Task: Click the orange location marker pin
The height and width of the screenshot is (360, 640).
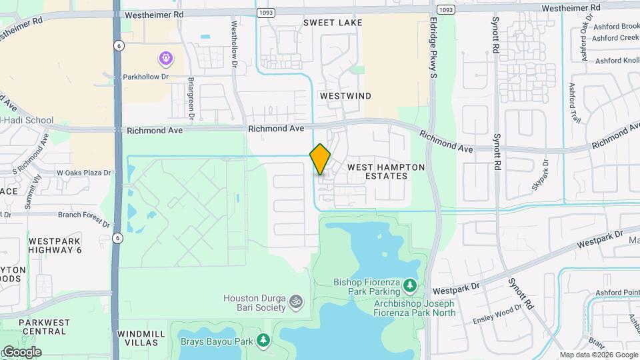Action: point(320,159)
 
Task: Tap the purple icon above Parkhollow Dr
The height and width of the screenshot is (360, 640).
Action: point(166,59)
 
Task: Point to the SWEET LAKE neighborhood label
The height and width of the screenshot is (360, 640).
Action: point(333,23)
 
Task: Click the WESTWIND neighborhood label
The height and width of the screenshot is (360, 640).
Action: point(345,96)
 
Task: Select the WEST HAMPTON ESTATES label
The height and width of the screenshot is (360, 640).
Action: point(386,171)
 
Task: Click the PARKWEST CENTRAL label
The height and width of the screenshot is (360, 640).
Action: point(44,327)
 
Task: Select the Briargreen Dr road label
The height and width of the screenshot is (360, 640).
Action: point(191,98)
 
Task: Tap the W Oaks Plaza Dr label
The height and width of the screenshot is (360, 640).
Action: point(83,173)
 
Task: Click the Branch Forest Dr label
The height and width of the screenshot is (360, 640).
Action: point(83,215)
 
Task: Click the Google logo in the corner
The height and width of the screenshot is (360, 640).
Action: point(22,351)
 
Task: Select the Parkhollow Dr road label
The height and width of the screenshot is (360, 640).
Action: point(146,77)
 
